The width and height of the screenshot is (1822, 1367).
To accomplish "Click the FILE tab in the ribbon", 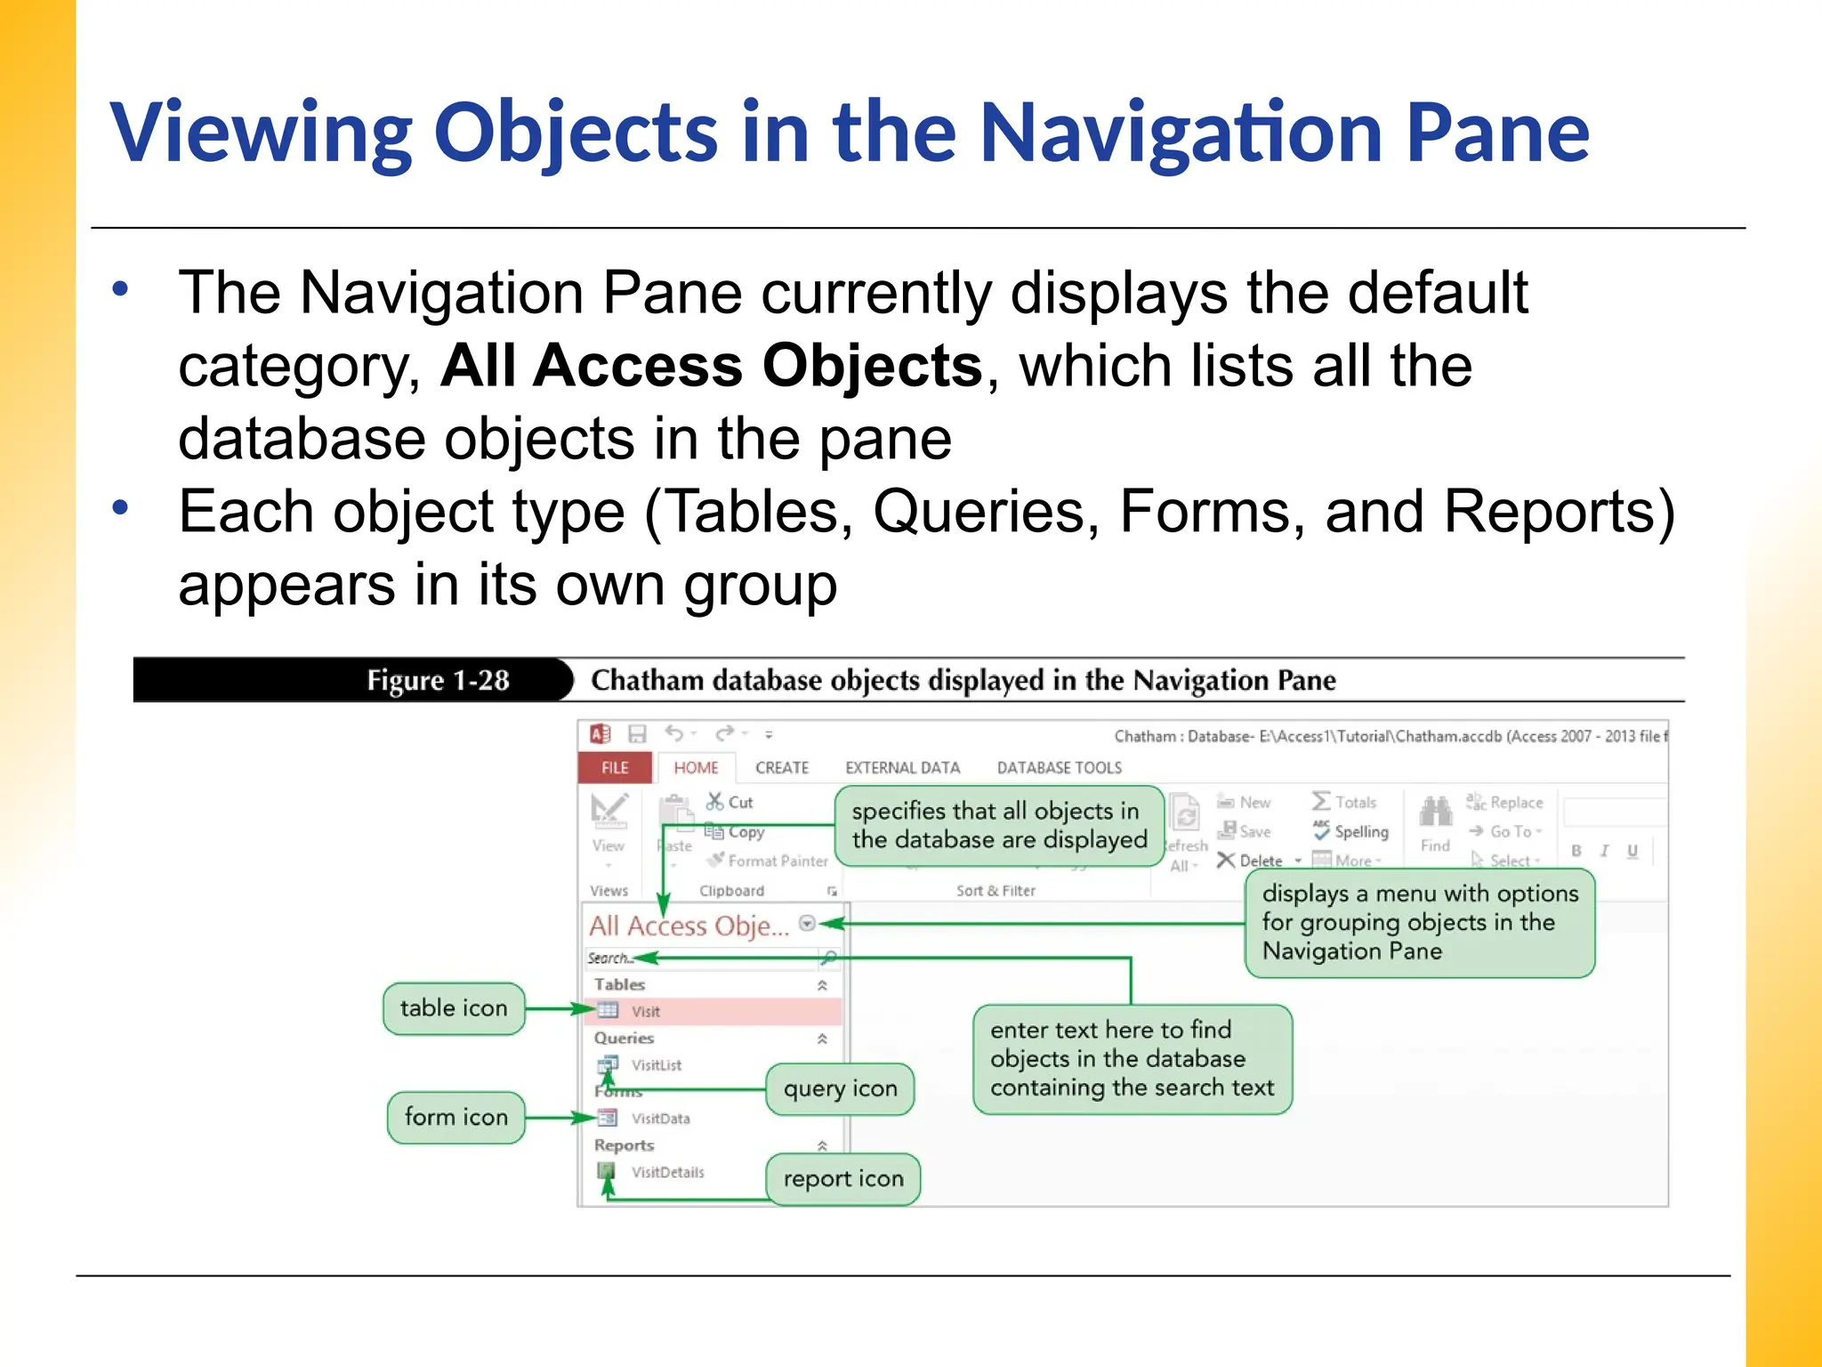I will pyautogui.click(x=615, y=767).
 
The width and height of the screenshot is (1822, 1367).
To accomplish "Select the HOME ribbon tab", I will pyautogui.click(x=696, y=767).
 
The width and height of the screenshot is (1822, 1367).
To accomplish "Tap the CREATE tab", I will pyautogui.click(x=782, y=767).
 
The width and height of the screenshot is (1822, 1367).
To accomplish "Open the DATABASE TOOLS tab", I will pyautogui.click(x=1059, y=767).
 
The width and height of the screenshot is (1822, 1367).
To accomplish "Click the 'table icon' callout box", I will pyautogui.click(x=454, y=1008).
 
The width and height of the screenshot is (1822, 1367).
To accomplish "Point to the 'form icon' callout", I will pyautogui.click(x=455, y=1117).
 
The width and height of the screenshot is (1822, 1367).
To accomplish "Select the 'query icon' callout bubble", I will pyautogui.click(x=840, y=1088).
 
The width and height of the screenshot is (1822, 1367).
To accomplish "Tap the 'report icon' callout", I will pyautogui.click(x=842, y=1179).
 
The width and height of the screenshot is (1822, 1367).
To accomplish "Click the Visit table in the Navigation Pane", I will pyautogui.click(x=646, y=1011).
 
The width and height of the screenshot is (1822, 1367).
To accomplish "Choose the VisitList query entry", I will pyautogui.click(x=657, y=1064).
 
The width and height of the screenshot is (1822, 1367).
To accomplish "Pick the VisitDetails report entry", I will pyautogui.click(x=667, y=1172).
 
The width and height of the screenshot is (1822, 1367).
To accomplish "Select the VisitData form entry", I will pyautogui.click(x=660, y=1119).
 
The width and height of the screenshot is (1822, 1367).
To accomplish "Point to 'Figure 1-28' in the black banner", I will pyautogui.click(x=438, y=681).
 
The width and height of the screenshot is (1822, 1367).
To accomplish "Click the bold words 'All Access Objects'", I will pyautogui.click(x=712, y=366).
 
